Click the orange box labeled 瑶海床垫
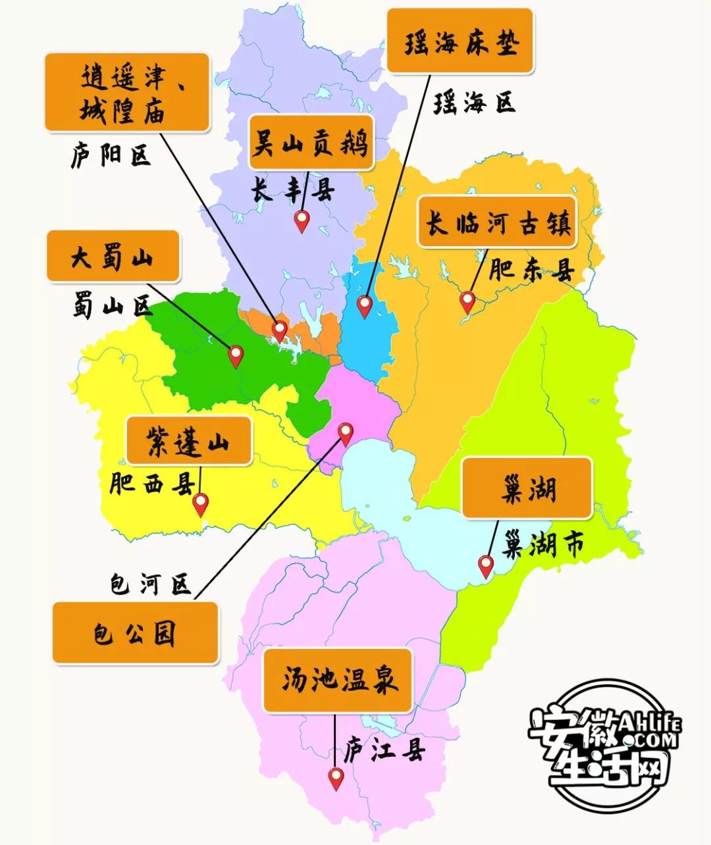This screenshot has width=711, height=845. (x=459, y=41)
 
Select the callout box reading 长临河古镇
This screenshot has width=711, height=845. (x=497, y=222)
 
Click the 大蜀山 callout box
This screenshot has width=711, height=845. (x=113, y=257)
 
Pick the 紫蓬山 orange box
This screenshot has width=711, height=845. (x=188, y=440)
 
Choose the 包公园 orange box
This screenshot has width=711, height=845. (x=135, y=632)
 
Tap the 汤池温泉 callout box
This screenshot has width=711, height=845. (x=338, y=680)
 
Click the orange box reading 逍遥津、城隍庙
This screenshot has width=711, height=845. (x=127, y=92)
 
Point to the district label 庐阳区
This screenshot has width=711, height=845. (x=111, y=156)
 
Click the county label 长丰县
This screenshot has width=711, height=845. (x=292, y=191)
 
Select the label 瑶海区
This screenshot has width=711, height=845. (x=473, y=103)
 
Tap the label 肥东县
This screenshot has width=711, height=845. (x=532, y=270)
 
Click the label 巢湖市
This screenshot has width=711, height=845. (x=543, y=545)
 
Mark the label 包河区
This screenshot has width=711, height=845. (x=150, y=584)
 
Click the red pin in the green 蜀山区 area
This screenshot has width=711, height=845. (x=236, y=356)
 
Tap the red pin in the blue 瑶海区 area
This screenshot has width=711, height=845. (x=364, y=306)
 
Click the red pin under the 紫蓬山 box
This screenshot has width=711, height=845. (x=200, y=505)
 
